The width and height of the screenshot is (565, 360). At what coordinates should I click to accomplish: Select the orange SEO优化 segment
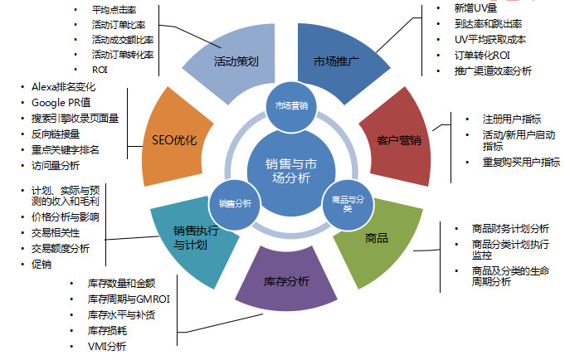tap(175, 139)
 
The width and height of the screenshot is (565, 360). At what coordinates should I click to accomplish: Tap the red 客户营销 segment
tap(392, 139)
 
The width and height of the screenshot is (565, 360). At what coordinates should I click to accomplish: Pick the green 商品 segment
tap(375, 238)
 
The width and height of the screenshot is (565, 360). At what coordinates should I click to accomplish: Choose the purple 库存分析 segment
tap(286, 282)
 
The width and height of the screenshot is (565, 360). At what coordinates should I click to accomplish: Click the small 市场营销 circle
tap(291, 105)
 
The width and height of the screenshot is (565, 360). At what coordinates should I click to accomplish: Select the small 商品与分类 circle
tap(341, 202)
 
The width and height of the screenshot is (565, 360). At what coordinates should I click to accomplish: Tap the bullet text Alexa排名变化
tap(65, 86)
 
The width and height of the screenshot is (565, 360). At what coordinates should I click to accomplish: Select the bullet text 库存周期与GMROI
tap(128, 299)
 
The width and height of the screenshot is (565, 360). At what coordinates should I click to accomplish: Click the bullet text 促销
tap(41, 264)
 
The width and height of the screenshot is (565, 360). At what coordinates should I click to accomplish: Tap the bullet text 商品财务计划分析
tap(509, 228)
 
